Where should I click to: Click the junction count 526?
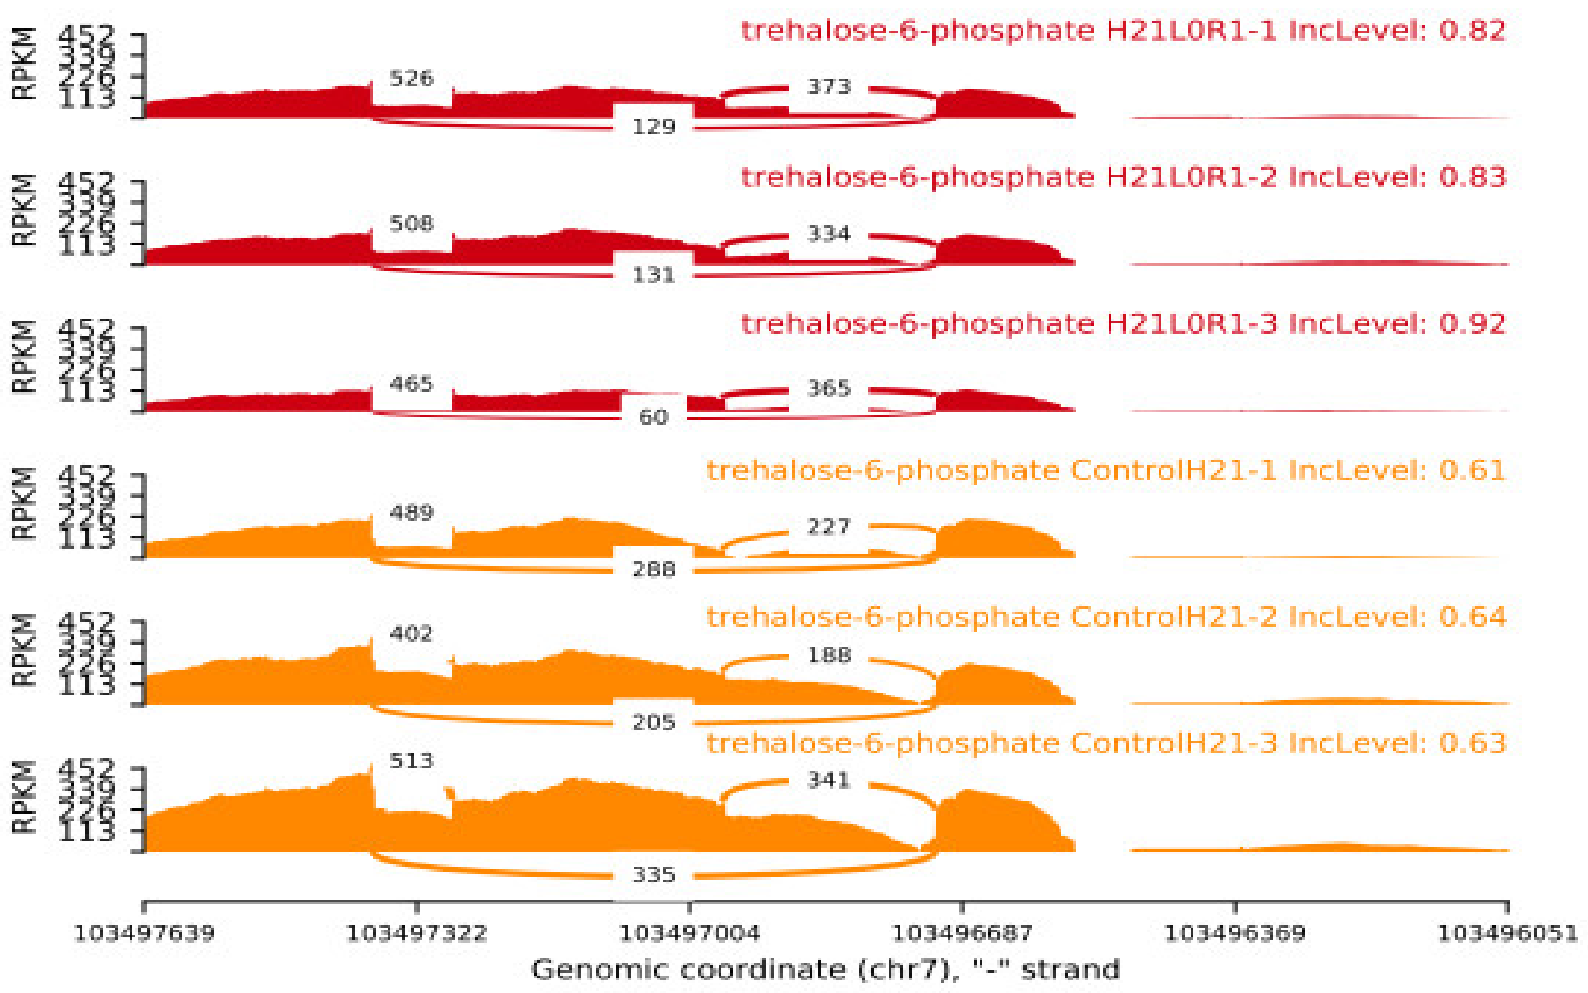412,79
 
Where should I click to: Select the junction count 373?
829,87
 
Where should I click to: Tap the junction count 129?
654,127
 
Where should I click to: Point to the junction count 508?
412,224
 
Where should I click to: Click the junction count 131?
654,275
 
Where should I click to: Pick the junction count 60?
654,417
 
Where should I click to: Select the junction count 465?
412,384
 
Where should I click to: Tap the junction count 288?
654,569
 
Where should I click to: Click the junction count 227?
829,527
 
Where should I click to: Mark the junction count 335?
654,875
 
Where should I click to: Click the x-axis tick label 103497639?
144,933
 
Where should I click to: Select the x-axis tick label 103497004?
689,933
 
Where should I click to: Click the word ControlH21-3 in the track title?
1174,743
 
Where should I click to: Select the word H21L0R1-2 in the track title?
1192,178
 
